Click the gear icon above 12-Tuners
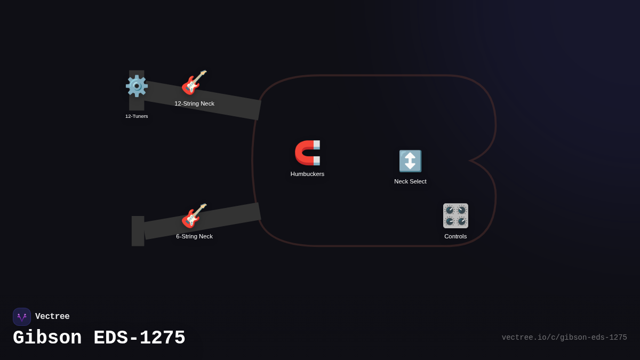click(x=137, y=86)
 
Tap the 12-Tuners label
click(x=137, y=116)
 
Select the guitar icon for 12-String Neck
click(x=194, y=83)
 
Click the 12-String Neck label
click(x=194, y=103)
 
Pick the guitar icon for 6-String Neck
click(x=194, y=215)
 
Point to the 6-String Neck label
click(x=194, y=236)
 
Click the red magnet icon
click(x=307, y=153)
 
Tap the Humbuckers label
click(x=307, y=174)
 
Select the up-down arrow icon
click(x=410, y=161)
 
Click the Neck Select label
click(x=410, y=181)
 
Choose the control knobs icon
click(x=455, y=215)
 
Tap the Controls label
click(x=455, y=236)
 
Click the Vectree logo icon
click(x=22, y=317)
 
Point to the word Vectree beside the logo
click(x=52, y=317)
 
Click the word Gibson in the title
click(x=47, y=338)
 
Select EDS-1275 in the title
click(x=139, y=338)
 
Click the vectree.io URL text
click(x=564, y=338)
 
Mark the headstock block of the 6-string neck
click(x=138, y=231)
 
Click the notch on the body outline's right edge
click(x=471, y=160)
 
